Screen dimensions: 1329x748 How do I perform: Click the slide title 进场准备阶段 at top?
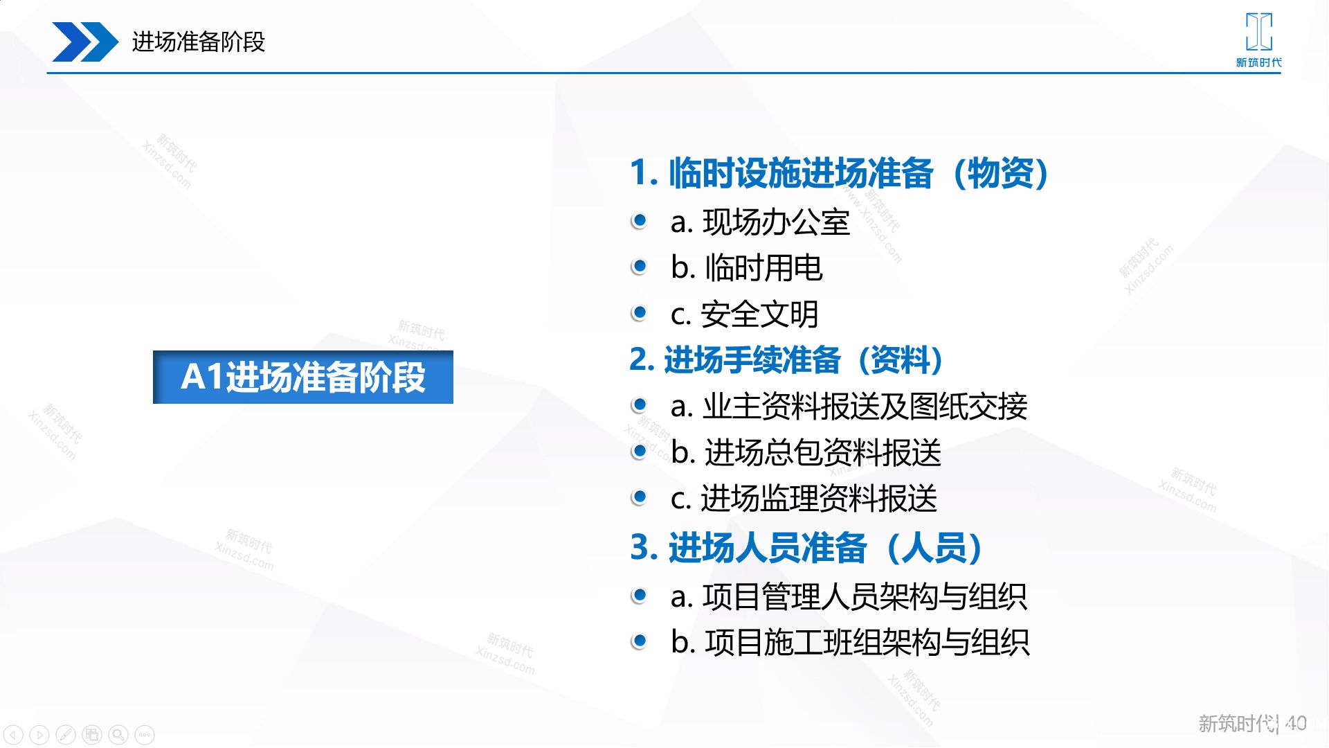coord(199,42)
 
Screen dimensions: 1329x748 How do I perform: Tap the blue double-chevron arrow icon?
coord(85,42)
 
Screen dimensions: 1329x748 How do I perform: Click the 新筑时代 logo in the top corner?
coord(1258,40)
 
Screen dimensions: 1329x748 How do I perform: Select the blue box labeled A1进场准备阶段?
coord(303,377)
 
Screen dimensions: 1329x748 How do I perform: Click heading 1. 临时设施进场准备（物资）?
coord(840,172)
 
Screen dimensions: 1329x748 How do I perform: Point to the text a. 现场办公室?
coord(760,222)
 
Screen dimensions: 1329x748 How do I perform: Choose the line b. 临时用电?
coord(746,268)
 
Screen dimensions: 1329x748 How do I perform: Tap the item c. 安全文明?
coord(745,314)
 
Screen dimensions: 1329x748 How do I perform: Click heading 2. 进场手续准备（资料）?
coord(787,360)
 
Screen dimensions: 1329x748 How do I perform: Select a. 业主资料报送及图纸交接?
coord(849,407)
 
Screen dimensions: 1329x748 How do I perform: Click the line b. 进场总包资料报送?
coord(806,453)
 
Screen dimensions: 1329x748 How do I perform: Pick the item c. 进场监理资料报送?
coord(804,499)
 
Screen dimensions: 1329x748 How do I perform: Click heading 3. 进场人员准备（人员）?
coord(807,547)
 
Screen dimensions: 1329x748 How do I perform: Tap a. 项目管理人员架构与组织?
coord(849,597)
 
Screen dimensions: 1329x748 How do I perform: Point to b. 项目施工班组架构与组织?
coord(850,643)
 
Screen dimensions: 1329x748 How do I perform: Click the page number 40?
coord(1296,724)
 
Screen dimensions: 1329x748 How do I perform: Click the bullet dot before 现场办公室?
coord(639,221)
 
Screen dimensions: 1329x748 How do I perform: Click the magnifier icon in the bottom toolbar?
coord(118,734)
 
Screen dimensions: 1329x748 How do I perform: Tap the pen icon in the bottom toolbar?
coord(66,734)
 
